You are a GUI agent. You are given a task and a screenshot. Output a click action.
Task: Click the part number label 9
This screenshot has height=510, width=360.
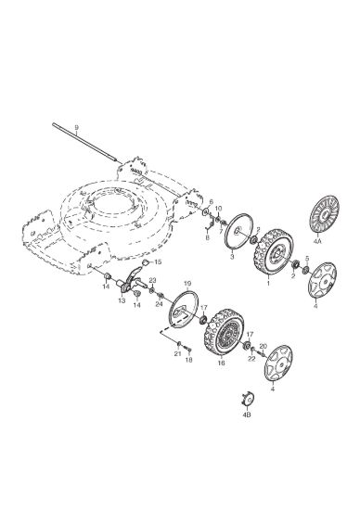[76, 127]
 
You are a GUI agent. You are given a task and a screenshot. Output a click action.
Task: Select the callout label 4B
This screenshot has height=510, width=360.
[247, 415]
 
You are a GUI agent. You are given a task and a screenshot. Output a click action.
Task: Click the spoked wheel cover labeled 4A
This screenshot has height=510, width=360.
[324, 214]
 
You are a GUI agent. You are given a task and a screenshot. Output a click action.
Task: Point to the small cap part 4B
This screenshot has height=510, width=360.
[248, 399]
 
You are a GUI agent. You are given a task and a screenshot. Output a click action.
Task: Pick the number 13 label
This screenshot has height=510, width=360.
[122, 300]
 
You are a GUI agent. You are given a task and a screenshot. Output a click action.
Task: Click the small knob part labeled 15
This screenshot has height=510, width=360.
[147, 262]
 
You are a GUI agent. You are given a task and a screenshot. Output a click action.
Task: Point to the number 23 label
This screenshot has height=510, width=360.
[153, 280]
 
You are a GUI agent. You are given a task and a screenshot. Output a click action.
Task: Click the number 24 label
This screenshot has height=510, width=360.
[159, 304]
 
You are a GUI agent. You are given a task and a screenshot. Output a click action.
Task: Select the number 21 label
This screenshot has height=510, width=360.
[177, 354]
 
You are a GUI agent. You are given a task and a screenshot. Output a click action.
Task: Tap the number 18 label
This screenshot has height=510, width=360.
[188, 360]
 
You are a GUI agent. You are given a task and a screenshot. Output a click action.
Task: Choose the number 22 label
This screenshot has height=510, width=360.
[251, 359]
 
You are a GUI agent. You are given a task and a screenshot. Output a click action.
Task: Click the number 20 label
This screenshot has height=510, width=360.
[263, 346]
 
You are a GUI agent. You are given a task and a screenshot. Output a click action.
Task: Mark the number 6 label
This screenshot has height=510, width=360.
[211, 202]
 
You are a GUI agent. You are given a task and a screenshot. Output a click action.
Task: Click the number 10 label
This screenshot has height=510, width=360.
[219, 208]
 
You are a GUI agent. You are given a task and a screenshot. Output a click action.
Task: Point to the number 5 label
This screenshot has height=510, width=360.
[307, 259]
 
